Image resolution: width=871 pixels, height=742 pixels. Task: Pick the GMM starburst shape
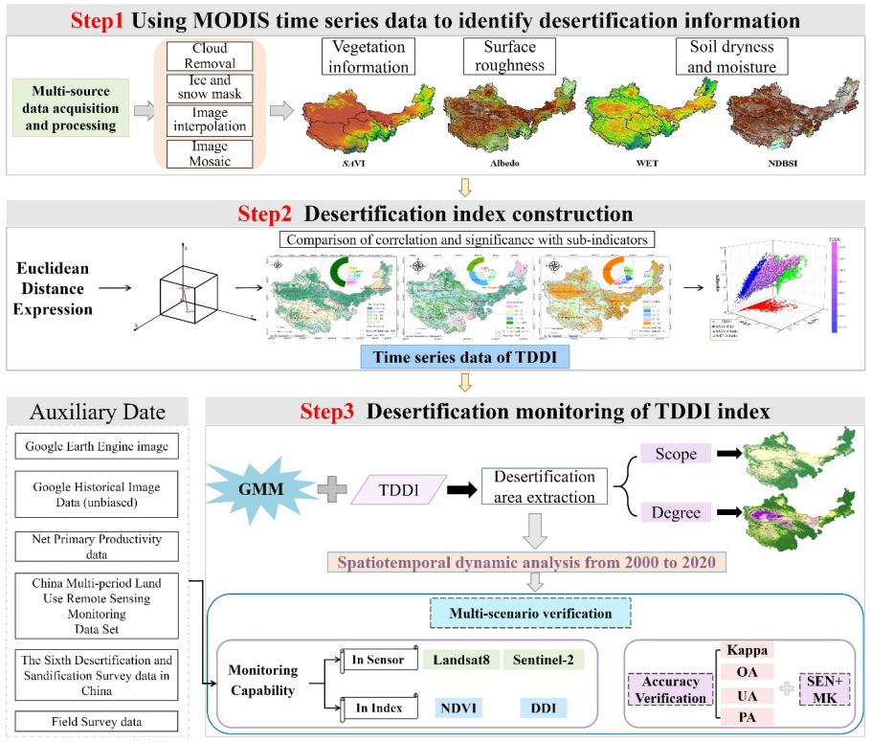(266, 487)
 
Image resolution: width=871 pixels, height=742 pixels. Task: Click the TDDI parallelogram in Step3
(400, 488)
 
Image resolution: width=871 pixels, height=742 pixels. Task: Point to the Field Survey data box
(100, 719)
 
